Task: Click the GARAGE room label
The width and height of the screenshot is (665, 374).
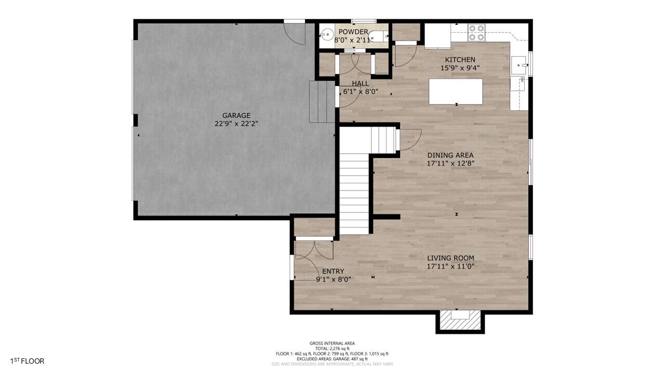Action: pos(236,116)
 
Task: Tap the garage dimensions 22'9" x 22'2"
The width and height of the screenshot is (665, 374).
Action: pos(236,124)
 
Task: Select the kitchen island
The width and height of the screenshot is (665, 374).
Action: pos(456,91)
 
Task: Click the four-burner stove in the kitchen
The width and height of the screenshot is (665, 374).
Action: pos(476,32)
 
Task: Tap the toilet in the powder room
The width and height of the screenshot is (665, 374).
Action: pos(382,36)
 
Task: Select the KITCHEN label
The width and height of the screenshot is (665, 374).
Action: pos(460,60)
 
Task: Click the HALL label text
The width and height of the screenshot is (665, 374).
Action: pos(360,84)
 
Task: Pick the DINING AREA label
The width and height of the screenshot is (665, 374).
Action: pos(450,155)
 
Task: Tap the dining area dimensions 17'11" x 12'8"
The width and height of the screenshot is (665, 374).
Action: pos(450,163)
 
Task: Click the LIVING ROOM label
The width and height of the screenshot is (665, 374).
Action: pos(450,258)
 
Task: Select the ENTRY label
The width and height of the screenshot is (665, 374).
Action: pos(333,271)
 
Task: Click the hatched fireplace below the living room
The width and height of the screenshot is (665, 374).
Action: pos(460,322)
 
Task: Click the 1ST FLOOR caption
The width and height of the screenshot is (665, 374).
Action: pos(27,361)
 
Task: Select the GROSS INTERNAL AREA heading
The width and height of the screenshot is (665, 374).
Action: pos(332,343)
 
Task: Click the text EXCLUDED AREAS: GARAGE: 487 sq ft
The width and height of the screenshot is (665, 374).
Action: pos(332,359)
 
